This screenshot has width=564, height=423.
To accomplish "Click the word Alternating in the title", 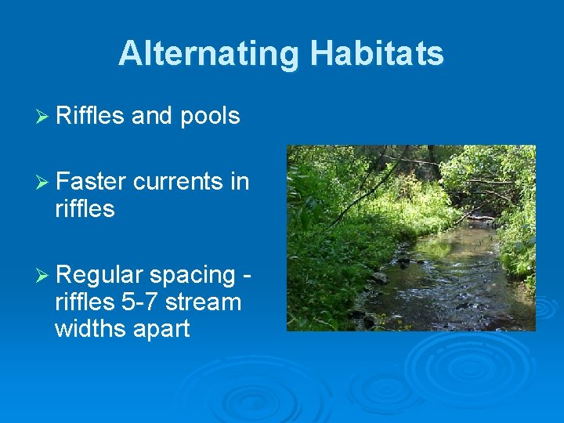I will [209, 54].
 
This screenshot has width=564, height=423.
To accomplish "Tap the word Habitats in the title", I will [377, 54].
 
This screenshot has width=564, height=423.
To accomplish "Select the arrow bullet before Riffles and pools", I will [44, 117].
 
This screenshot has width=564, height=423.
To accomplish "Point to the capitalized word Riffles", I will [90, 116].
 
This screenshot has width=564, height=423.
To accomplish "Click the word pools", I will [209, 117].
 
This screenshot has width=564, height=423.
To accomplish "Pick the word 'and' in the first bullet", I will [152, 116].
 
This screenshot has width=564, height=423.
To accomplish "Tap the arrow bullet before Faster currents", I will [44, 183].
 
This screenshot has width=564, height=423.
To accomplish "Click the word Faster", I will [91, 182].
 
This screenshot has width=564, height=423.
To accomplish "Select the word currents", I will [179, 182].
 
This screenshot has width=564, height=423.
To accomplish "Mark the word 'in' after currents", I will [240, 182].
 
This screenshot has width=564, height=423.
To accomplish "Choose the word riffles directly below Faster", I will [85, 209].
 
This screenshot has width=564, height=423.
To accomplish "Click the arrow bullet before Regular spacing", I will [44, 276].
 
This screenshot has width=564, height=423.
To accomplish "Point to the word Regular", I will [99, 276].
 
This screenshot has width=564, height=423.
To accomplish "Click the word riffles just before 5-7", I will [85, 302].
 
